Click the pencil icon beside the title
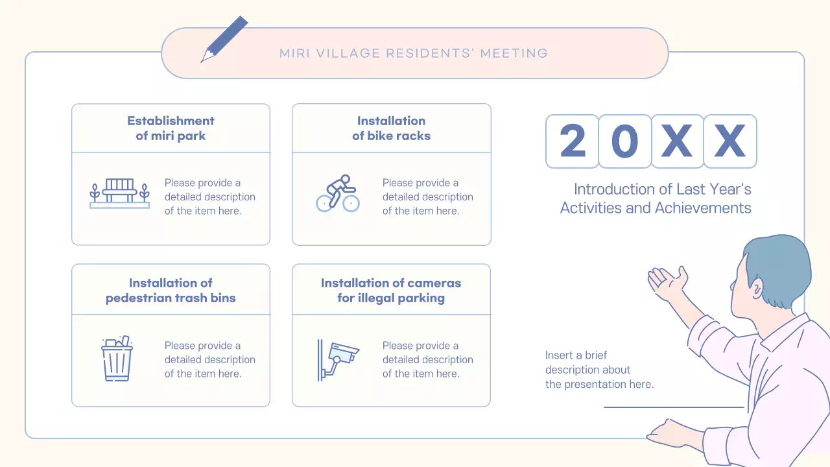click(224, 39)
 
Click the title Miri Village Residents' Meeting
click(414, 53)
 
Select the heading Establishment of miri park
click(171, 128)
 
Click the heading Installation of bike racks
click(391, 128)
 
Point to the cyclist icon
click(338, 193)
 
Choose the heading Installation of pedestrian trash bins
click(171, 291)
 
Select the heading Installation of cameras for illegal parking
click(391, 291)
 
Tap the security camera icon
click(338, 359)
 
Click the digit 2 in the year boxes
click(572, 141)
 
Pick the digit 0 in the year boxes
click(624, 141)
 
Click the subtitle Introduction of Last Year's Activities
click(656, 198)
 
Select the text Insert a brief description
click(599, 370)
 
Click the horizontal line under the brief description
click(674, 407)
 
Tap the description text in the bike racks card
click(427, 197)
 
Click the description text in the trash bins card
click(209, 360)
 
